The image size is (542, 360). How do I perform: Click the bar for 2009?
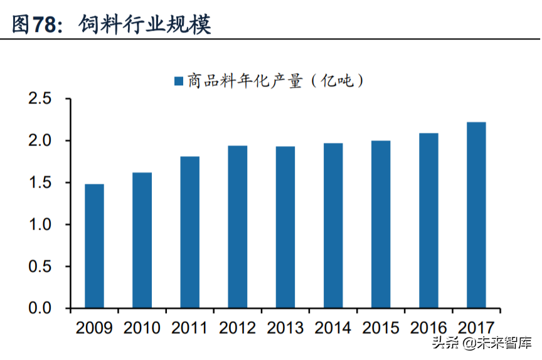pyautogui.click(x=94, y=246)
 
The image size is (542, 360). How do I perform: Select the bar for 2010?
pyautogui.click(x=142, y=240)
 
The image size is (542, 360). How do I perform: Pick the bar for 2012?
pyautogui.click(x=237, y=227)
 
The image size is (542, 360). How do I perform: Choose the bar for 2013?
pyautogui.click(x=285, y=227)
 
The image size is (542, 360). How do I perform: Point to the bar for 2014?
pyautogui.click(x=333, y=226)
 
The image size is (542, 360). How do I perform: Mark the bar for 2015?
pyautogui.click(x=381, y=225)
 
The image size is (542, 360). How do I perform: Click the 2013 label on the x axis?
pyautogui.click(x=285, y=328)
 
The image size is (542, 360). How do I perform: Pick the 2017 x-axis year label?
pyautogui.click(x=476, y=328)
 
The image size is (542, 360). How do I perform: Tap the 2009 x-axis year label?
pyautogui.click(x=94, y=328)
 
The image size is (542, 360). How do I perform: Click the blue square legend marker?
pyautogui.click(x=178, y=81)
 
